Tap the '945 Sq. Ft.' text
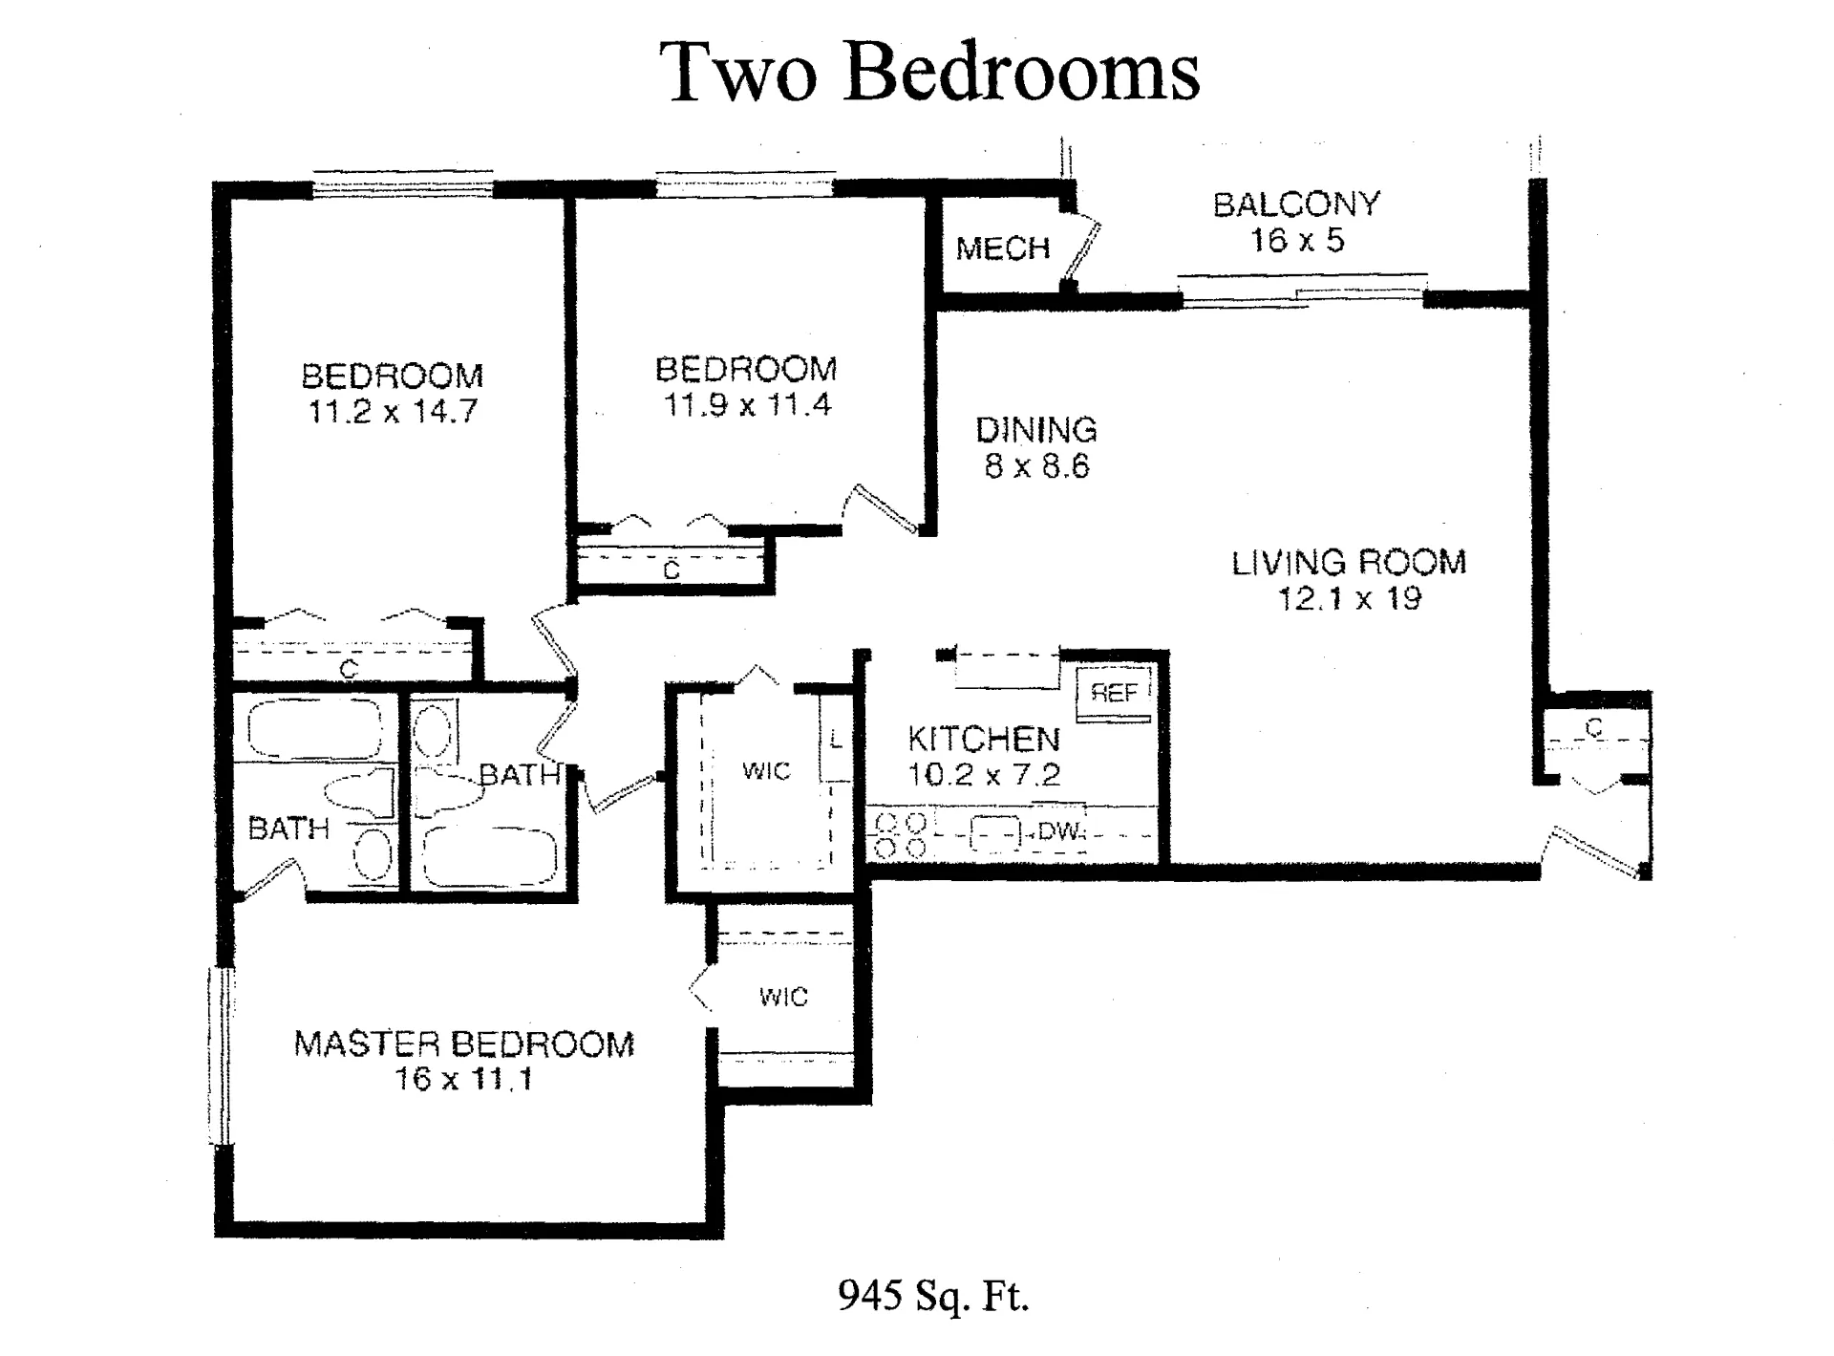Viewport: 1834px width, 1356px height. coord(933,1296)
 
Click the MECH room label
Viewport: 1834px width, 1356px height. coord(1003,249)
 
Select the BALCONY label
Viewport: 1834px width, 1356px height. coord(1296,204)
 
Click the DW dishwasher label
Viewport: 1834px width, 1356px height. coord(1057,832)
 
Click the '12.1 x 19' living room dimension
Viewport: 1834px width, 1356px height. coord(1349,599)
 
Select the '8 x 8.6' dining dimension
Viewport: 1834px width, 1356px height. coord(1036,467)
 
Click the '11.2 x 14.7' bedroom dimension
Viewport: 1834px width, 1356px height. coord(392,412)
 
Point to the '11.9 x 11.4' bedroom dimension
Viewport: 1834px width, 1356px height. coord(747,405)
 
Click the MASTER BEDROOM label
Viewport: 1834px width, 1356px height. coord(464,1044)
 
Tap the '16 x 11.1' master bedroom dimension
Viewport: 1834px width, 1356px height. coord(464,1080)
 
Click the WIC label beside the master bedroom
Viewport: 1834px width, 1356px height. coord(783,998)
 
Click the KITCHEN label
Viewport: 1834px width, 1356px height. coord(983,739)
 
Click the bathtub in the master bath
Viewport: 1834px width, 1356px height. coord(315,729)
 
